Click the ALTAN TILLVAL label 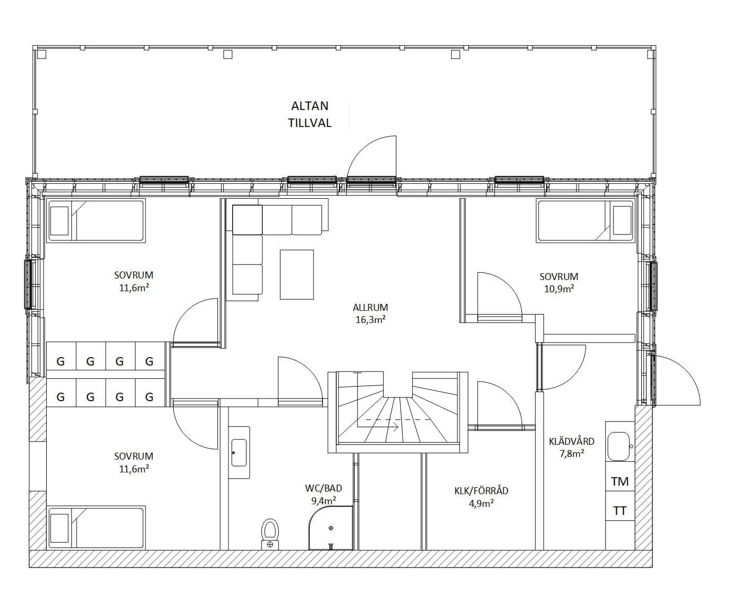[309, 114]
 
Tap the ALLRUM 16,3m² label [370, 314]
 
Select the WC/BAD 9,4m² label [324, 494]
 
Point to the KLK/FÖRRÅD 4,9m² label [481, 497]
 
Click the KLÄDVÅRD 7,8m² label [572, 447]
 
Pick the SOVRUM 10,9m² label [559, 283]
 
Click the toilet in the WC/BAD [270, 533]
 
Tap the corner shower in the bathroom [330, 528]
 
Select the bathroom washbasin [239, 453]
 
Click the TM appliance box [620, 481]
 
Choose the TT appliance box [620, 511]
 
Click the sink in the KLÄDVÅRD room [618, 446]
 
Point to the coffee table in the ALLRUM [297, 275]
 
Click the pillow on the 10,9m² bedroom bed [622, 221]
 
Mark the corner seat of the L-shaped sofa [247, 220]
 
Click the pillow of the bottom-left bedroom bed [60, 528]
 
